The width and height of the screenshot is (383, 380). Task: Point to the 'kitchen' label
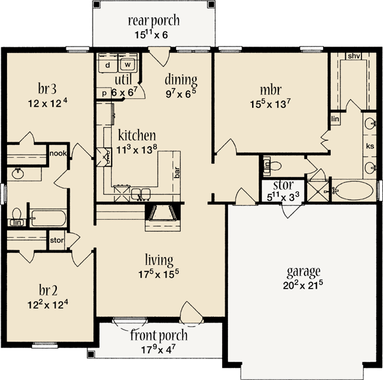pyautogui.click(x=137, y=135)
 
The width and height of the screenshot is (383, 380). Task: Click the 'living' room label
pyautogui.click(x=159, y=260)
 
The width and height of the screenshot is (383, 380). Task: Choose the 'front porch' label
pyautogui.click(x=159, y=336)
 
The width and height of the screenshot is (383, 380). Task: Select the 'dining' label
pyautogui.click(x=181, y=80)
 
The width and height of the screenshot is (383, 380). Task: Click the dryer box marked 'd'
pyautogui.click(x=108, y=65)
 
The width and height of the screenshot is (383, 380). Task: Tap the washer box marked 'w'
pyautogui.click(x=128, y=65)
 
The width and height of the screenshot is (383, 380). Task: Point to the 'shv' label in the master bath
pyautogui.click(x=354, y=56)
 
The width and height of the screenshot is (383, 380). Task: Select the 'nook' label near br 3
pyautogui.click(x=59, y=153)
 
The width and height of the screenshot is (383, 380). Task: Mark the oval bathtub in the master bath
pyautogui.click(x=353, y=190)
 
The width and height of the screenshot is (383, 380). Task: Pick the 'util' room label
pyautogui.click(x=123, y=79)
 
